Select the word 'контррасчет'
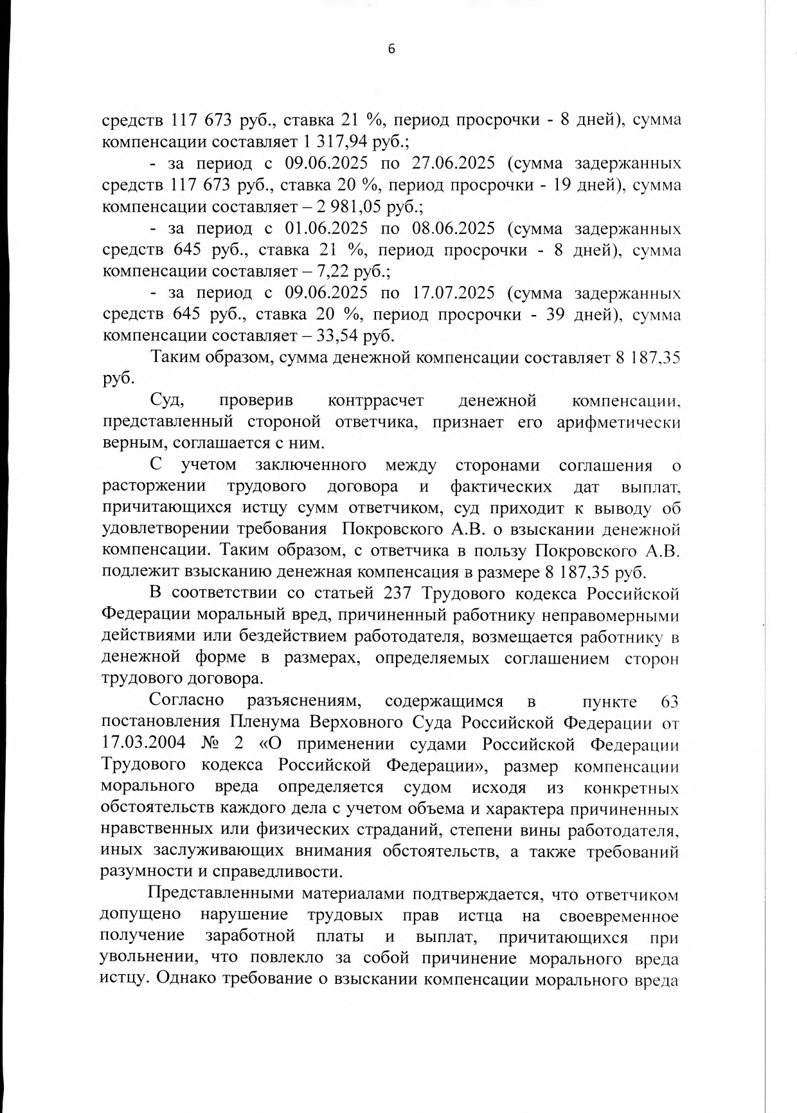click(x=375, y=401)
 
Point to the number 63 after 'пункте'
click(x=668, y=701)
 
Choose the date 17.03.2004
click(x=143, y=743)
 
